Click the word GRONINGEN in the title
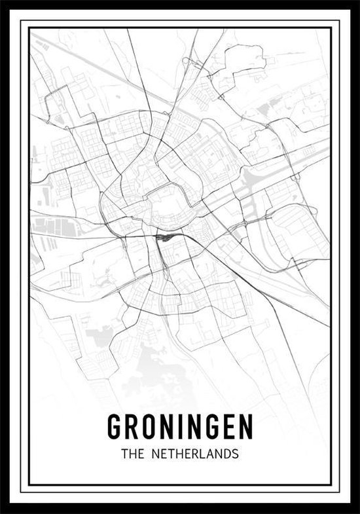pos(180,427)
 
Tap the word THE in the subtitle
pos(133,452)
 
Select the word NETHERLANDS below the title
pos(196,452)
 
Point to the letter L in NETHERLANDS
pos(198,452)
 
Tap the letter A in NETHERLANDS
pos(206,452)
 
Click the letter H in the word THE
pos(133,452)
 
